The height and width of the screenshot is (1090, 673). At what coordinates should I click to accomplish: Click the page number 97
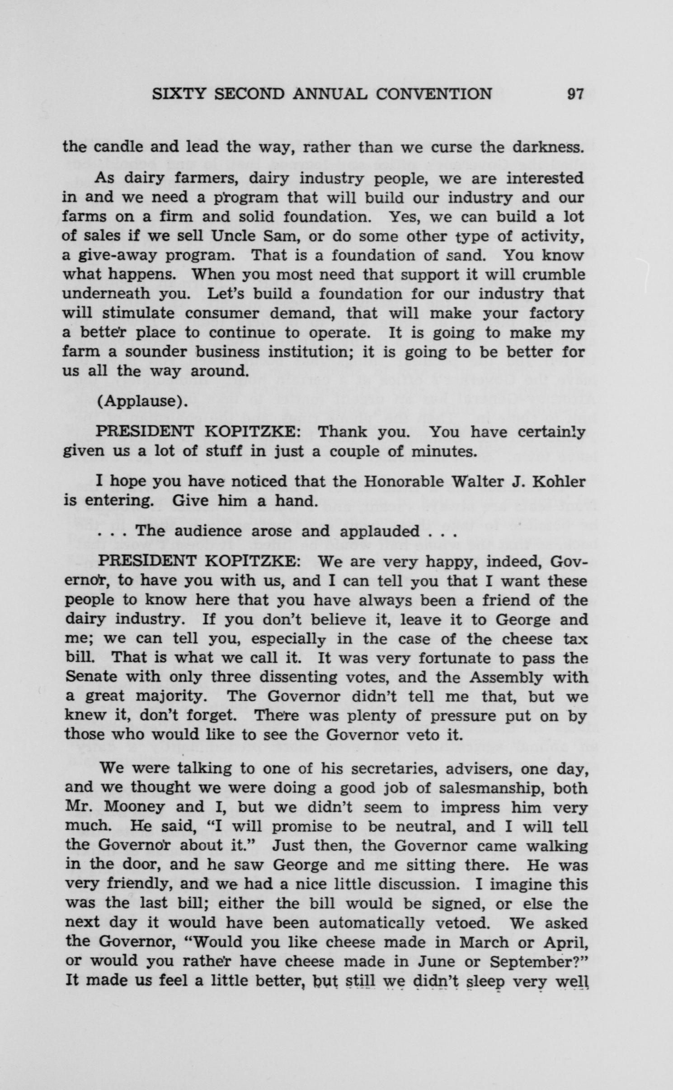[x=575, y=94]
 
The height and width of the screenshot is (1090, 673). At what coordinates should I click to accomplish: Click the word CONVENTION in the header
[x=434, y=94]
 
